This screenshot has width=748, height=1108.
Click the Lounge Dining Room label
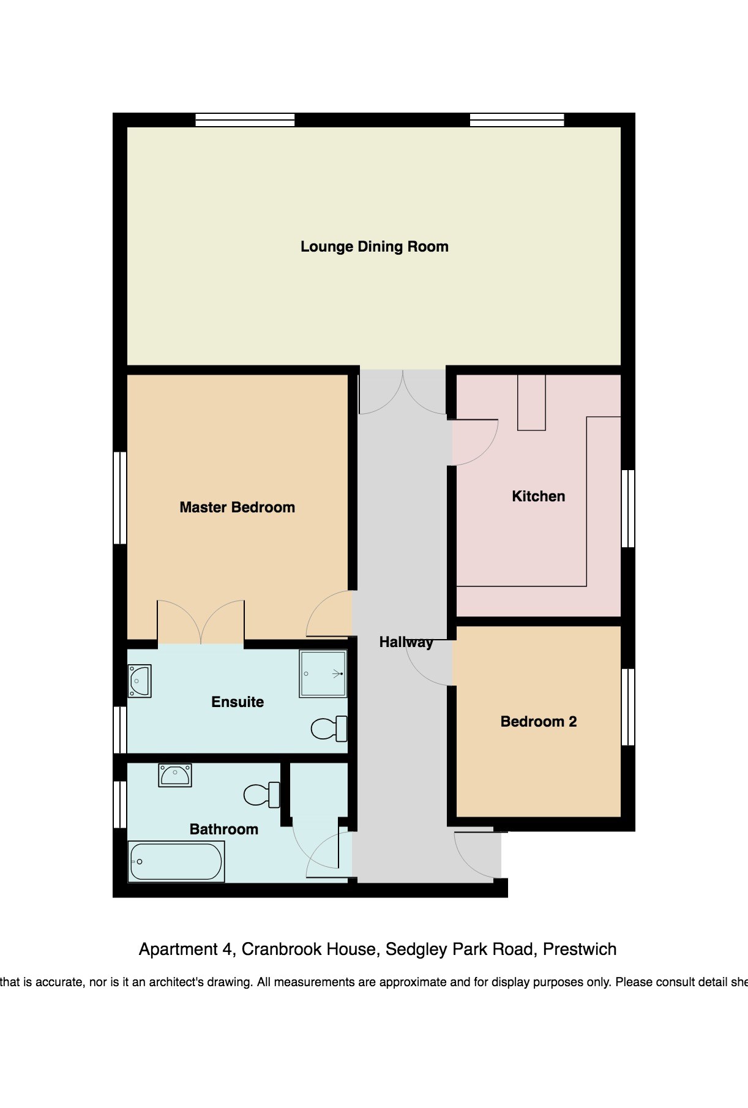click(x=374, y=247)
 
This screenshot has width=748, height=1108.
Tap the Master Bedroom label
click(x=237, y=507)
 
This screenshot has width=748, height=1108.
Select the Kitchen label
click(x=539, y=496)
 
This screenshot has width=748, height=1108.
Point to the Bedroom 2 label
click(x=539, y=722)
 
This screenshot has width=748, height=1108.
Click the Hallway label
click(x=406, y=642)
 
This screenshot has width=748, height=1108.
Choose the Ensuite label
click(x=237, y=702)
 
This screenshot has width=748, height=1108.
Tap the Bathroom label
click(x=224, y=829)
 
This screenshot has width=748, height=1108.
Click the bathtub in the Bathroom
click(x=176, y=861)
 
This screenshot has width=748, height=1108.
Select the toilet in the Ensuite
click(x=329, y=728)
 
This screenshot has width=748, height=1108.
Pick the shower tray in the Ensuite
click(x=323, y=674)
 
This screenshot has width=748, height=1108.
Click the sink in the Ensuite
click(x=140, y=681)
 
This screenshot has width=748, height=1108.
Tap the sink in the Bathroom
click(x=175, y=775)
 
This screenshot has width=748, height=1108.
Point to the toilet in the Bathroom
click(x=261, y=795)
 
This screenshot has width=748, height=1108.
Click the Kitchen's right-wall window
click(x=628, y=509)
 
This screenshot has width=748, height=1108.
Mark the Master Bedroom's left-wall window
click(x=120, y=498)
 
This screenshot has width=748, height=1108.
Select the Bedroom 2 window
click(x=628, y=707)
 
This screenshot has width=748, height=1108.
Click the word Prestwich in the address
click(x=580, y=949)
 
